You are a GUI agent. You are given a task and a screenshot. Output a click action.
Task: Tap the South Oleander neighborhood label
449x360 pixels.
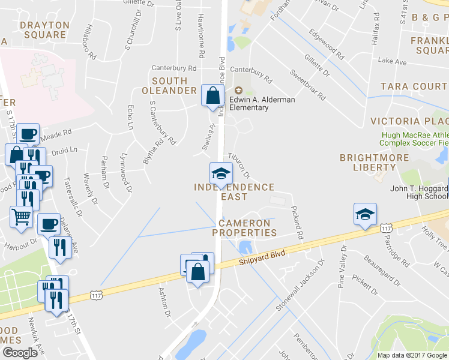click(169, 85)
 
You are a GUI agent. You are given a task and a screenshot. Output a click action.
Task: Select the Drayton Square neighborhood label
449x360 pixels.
click(43, 29)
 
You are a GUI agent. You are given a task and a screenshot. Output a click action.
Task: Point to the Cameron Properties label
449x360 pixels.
click(244, 227)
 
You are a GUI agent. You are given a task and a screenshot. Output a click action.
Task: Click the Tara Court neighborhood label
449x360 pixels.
click(414, 86)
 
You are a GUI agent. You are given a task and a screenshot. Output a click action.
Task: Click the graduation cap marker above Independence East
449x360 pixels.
click(220, 173)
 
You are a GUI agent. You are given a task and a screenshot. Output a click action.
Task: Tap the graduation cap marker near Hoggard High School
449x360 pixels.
click(365, 214)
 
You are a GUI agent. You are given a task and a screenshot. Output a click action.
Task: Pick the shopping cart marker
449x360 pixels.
click(21, 217)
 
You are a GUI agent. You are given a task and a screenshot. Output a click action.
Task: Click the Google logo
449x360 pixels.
click(20, 353)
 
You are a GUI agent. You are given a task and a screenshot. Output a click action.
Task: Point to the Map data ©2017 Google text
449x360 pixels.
click(412, 355)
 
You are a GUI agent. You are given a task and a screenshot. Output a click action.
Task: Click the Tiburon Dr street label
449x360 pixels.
click(239, 165)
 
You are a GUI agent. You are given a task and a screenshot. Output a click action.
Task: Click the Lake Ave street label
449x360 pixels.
click(392, 62)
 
